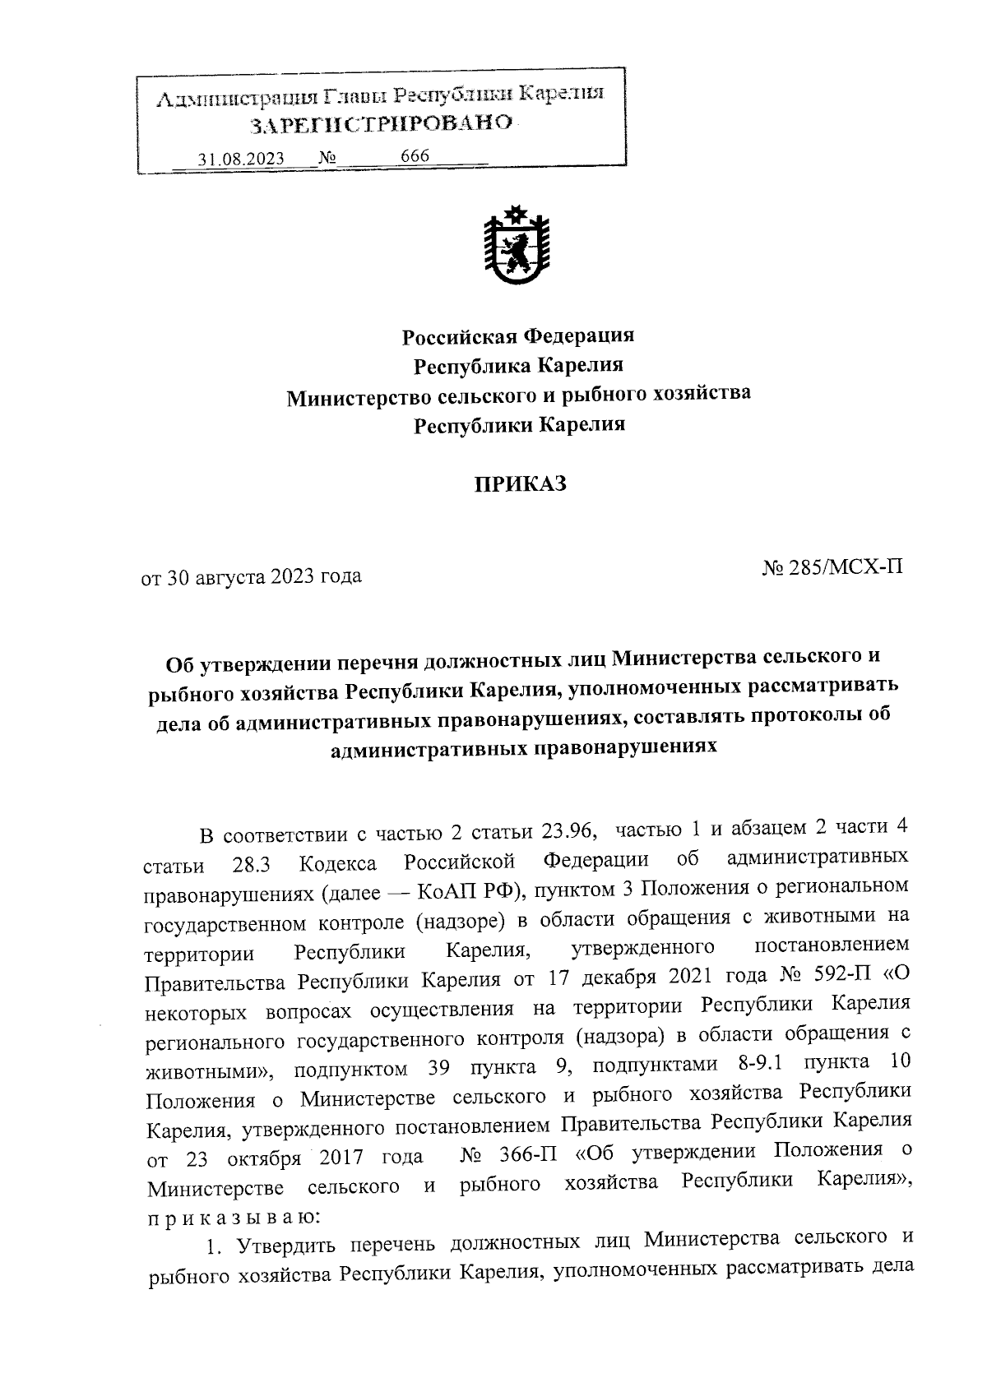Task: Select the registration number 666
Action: pos(415,156)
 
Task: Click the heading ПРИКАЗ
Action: pos(518,483)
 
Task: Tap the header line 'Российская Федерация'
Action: pos(517,335)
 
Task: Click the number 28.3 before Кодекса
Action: pos(250,865)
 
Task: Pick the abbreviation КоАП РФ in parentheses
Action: pos(461,891)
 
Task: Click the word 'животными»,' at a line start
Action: pos(211,1071)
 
